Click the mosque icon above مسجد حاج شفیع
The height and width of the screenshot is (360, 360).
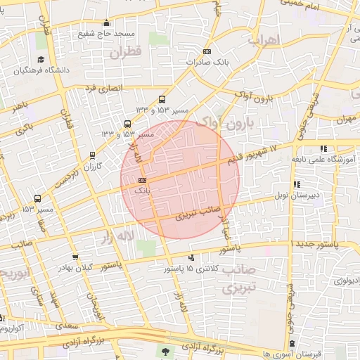pos(106,22)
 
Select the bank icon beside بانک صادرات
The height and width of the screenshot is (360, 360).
pos(206,52)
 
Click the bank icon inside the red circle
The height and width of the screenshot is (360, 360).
pos(143,180)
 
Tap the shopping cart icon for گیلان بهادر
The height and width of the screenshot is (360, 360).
pos(75,258)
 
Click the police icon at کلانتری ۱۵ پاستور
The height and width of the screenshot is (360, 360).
pos(192,258)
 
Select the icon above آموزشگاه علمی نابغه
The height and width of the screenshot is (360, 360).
pos(323,148)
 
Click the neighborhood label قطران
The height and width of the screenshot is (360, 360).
pos(126,52)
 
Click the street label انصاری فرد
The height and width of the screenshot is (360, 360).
pos(103,89)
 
